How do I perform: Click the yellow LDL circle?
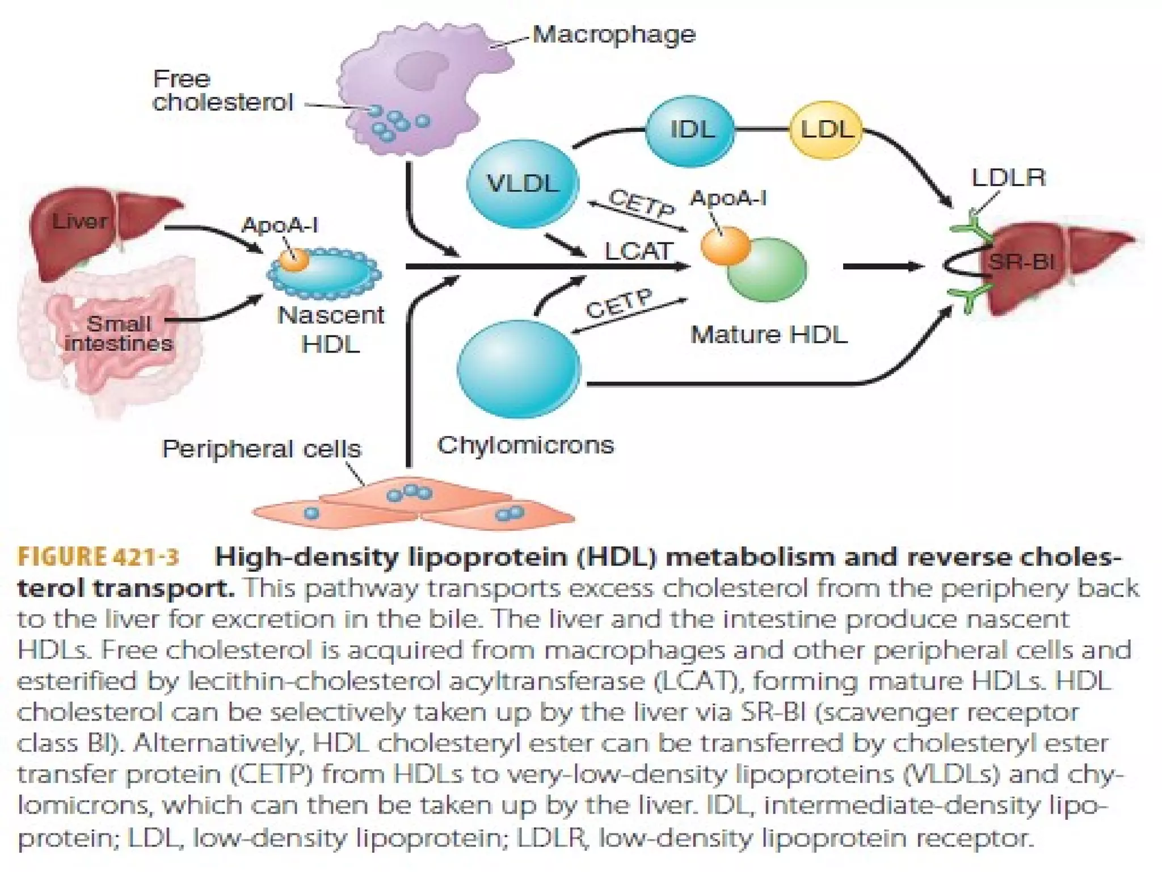(826, 131)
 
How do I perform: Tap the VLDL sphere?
(522, 183)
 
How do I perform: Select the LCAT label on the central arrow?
(639, 251)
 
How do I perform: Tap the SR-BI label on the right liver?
(1021, 262)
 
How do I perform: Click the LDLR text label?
(1008, 178)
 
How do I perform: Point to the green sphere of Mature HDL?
(767, 270)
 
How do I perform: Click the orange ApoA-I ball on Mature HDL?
(725, 245)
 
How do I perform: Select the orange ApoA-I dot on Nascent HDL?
(295, 260)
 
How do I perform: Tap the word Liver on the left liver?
(79, 221)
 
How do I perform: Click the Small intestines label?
(119, 334)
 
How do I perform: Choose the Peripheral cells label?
(262, 449)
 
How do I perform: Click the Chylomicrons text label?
(525, 445)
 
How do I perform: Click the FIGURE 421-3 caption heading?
(98, 556)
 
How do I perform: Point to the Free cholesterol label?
(222, 91)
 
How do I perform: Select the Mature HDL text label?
(769, 335)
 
